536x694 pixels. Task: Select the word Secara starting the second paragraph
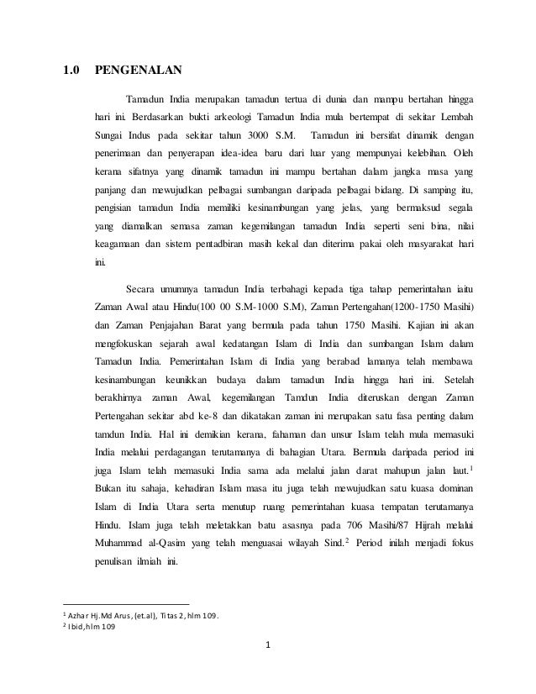142,291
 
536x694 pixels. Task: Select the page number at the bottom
267,670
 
